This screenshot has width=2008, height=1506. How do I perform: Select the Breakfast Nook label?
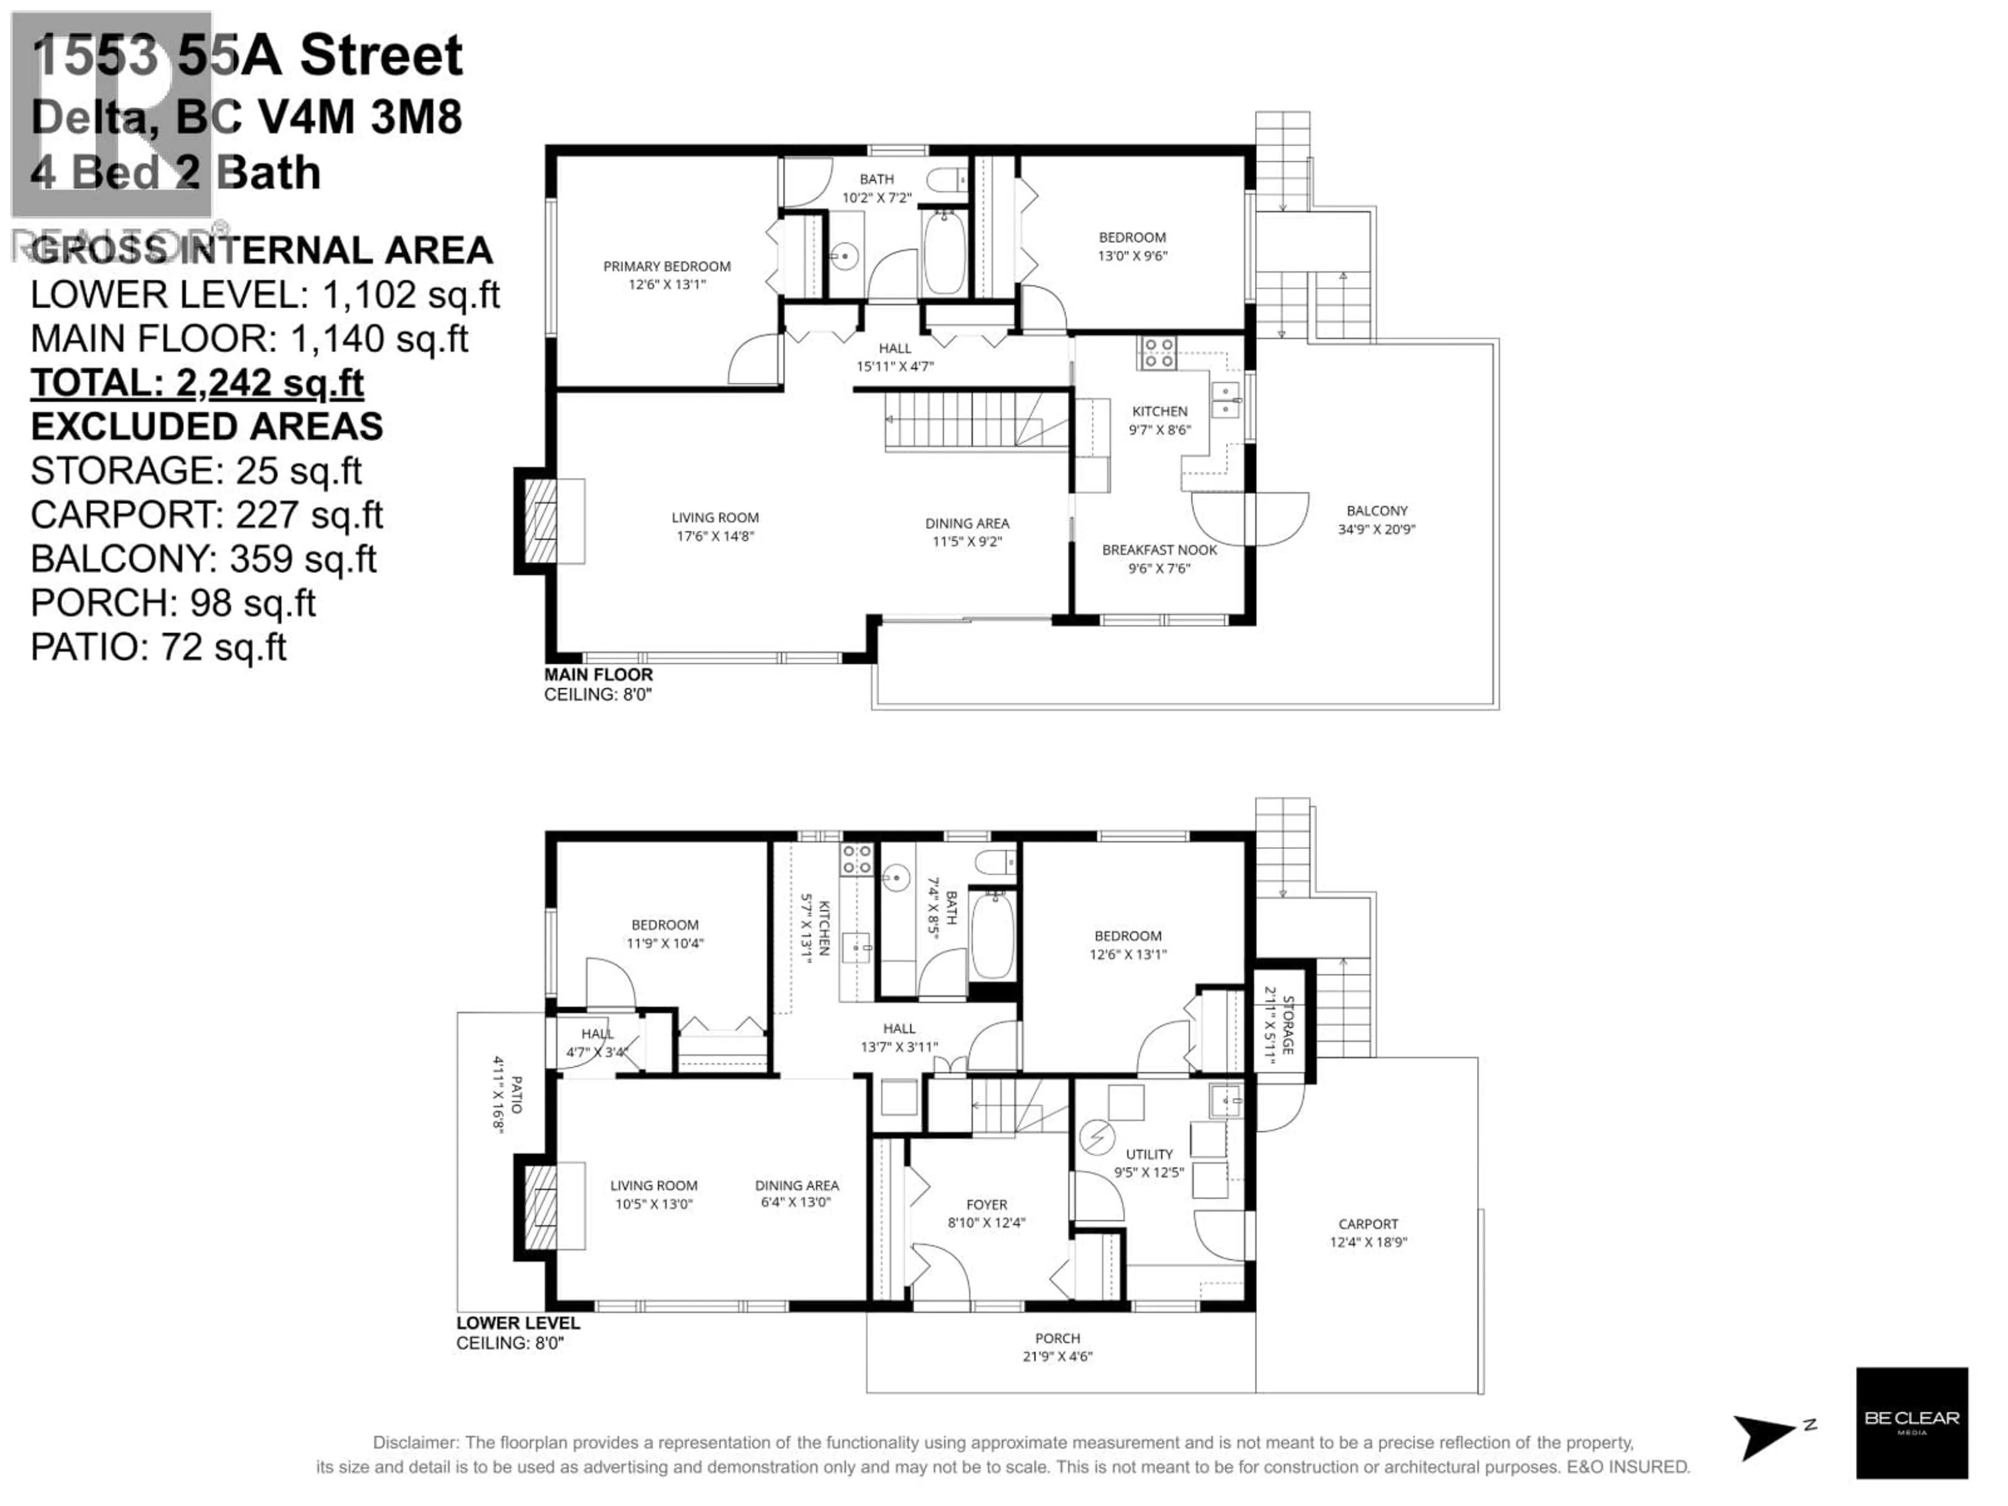pos(1159,550)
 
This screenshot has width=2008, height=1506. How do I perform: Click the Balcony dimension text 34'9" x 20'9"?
pos(1376,529)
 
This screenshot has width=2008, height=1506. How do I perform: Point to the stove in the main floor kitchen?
pos(1157,352)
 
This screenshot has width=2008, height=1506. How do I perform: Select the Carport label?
pos(1368,1224)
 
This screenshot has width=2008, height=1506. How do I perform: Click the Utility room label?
pos(1149,1154)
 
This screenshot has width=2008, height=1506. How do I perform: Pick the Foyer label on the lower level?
pos(987,1205)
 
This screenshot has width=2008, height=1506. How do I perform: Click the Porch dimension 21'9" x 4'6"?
pos(1057,1356)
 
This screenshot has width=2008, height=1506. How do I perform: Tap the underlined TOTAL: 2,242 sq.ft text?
pos(197,382)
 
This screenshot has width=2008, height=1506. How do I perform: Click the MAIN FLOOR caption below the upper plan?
pos(598,675)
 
